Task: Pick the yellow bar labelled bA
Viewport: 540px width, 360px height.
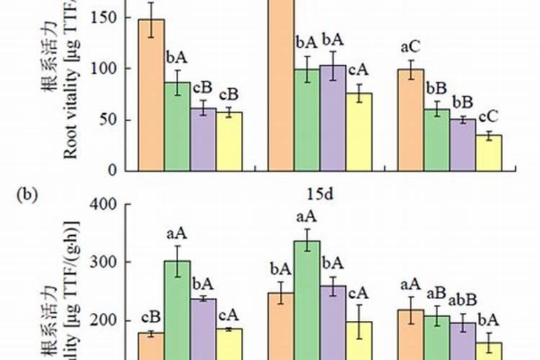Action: click(x=489, y=349)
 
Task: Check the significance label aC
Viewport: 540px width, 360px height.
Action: click(x=411, y=48)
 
